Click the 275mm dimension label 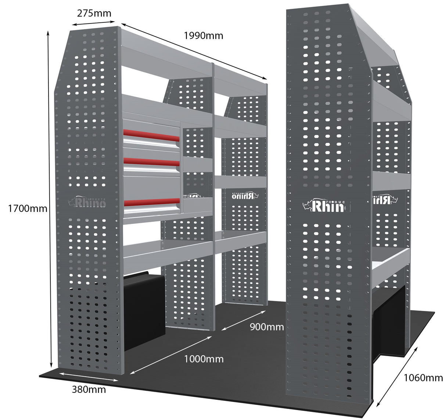[x=94, y=13]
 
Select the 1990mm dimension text [x=203, y=35]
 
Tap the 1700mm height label [x=28, y=208]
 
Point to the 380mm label [x=89, y=389]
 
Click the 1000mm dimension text [x=204, y=359]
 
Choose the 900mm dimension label [x=267, y=326]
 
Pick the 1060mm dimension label [x=423, y=377]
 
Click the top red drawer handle [x=151, y=135]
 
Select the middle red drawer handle [x=151, y=162]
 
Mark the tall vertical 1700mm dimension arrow [x=50, y=198]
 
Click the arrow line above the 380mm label [x=88, y=377]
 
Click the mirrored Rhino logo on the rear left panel [x=245, y=195]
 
